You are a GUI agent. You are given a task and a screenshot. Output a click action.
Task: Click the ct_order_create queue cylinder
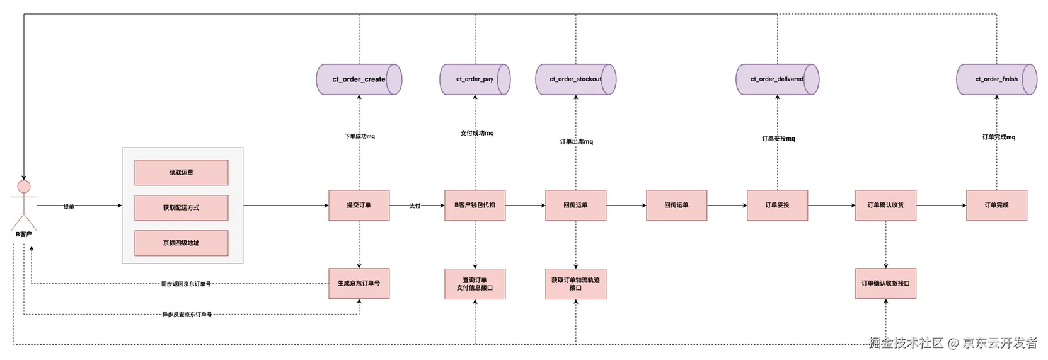click(x=359, y=79)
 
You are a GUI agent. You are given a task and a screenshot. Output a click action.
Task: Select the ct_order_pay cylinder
click(x=475, y=79)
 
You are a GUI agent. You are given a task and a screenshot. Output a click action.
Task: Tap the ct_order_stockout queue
click(x=576, y=79)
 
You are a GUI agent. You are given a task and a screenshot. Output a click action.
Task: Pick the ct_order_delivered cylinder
click(x=778, y=79)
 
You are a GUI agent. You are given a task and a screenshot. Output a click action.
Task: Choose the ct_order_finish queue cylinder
click(x=996, y=79)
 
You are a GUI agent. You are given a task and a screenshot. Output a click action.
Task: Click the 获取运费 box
click(x=181, y=172)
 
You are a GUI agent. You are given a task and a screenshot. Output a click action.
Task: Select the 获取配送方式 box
click(x=181, y=208)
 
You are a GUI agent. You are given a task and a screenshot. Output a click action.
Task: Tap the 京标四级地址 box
click(x=181, y=243)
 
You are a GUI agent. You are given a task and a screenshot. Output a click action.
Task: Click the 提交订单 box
click(x=359, y=205)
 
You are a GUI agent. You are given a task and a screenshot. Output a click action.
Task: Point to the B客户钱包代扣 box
click(x=475, y=205)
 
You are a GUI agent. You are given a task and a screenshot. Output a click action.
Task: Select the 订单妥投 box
click(x=778, y=205)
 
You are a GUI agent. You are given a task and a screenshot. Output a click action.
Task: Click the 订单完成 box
click(x=996, y=205)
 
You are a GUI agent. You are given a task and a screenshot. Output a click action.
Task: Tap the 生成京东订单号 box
click(x=359, y=284)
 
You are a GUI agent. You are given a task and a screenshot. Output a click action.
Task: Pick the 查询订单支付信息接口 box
click(x=475, y=284)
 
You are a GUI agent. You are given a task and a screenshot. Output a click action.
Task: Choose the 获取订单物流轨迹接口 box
click(x=576, y=284)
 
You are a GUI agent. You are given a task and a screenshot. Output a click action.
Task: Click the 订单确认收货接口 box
click(x=885, y=284)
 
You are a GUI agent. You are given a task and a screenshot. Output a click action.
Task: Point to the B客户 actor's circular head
click(x=24, y=187)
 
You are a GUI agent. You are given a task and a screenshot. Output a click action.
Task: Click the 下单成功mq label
click(x=359, y=136)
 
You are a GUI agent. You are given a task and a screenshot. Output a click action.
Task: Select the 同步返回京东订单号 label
click(x=186, y=284)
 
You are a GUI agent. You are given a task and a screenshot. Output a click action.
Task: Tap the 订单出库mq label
click(x=577, y=141)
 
